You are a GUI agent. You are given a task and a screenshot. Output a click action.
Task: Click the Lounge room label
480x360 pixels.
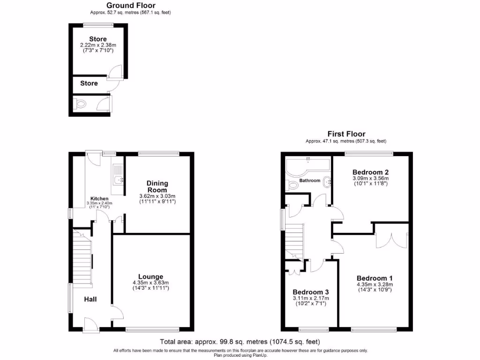pos(150,277)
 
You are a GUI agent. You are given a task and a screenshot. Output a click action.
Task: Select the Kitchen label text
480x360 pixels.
pos(100,199)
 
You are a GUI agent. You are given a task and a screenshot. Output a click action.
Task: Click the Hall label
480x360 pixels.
pos(90,299)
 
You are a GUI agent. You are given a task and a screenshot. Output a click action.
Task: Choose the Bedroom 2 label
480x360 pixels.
pos(370,172)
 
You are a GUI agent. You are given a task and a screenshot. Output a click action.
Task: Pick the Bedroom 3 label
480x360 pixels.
pos(310,292)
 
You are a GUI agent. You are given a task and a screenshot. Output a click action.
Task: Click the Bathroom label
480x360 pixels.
pos(310,180)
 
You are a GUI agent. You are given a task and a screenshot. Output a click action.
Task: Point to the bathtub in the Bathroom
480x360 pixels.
pos(307,165)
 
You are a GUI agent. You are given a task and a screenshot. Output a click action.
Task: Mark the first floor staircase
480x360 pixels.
pos(295,239)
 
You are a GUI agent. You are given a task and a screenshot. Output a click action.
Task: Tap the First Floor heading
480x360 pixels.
pos(346,134)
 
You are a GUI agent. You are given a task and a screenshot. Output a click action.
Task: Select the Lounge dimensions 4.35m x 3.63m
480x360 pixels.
pos(150,283)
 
